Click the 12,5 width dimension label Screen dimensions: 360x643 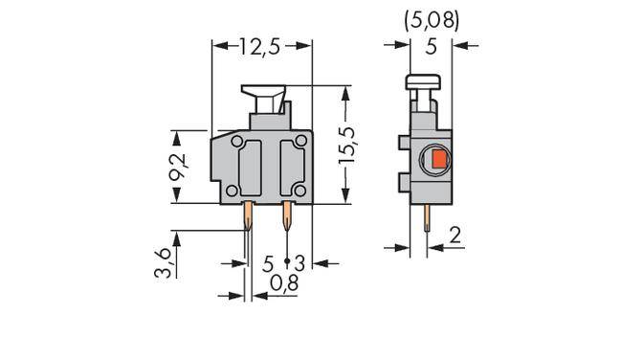(261, 47)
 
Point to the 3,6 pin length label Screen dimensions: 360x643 (166, 260)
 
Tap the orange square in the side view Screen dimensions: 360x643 (436, 160)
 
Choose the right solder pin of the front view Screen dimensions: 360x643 (285, 218)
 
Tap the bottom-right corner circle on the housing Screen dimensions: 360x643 (301, 192)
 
